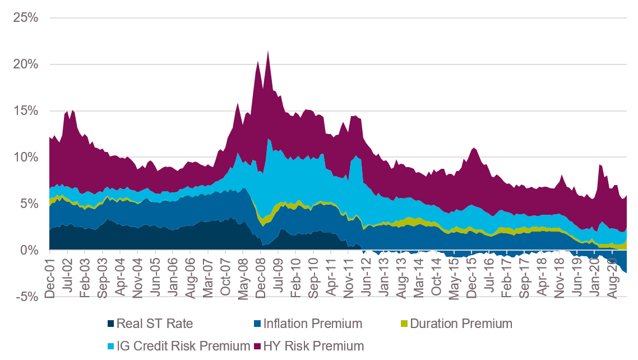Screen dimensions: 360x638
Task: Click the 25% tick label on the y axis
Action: [27, 17]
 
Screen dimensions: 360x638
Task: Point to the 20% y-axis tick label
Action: [27, 64]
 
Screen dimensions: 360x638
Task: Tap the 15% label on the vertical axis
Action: [27, 110]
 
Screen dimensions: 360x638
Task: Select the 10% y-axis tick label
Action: [27, 157]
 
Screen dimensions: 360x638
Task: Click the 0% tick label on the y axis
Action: [31, 250]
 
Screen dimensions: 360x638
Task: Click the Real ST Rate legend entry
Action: [154, 324]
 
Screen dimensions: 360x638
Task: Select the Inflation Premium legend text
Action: [312, 324]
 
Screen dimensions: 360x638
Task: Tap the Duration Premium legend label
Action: [461, 324]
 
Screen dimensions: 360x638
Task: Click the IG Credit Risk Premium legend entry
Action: [182, 345]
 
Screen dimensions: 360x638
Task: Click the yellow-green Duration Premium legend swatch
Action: [405, 324]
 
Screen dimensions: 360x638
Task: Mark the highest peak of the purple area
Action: [268, 51]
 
